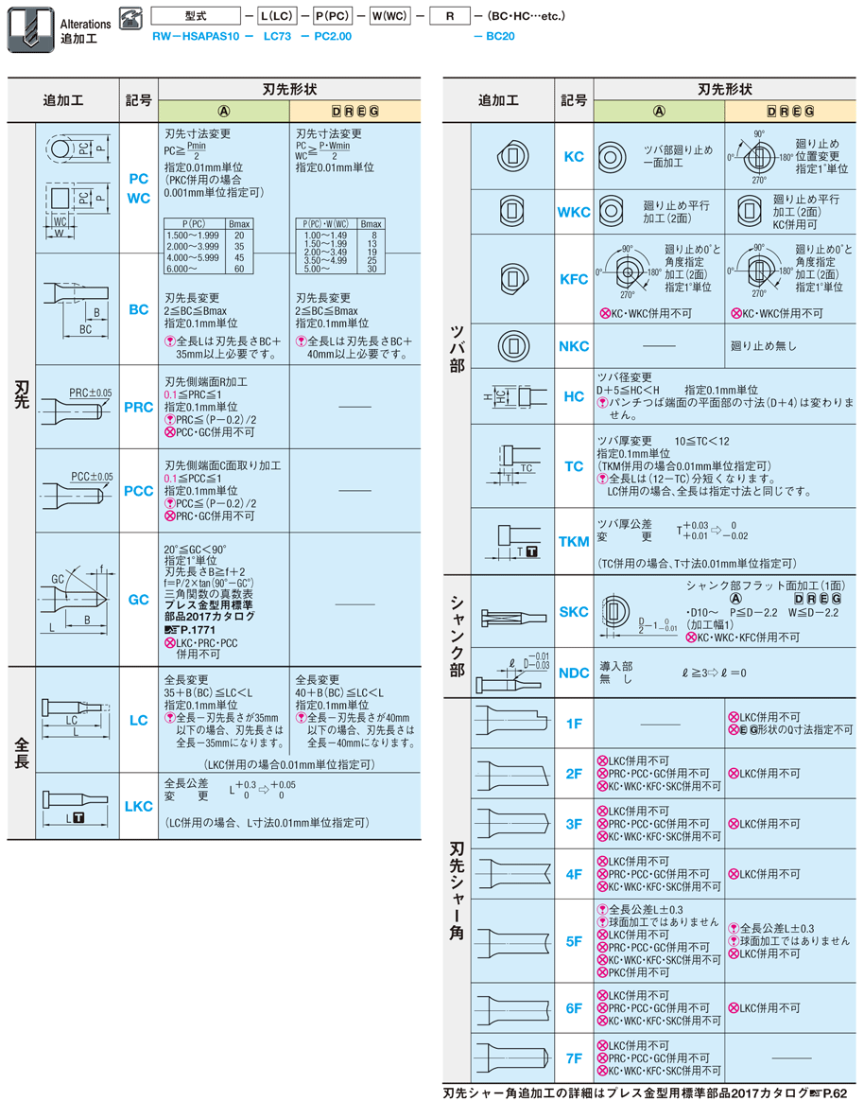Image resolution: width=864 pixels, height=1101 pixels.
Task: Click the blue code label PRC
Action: click(x=138, y=408)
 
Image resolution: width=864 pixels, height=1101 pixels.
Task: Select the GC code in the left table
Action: click(x=138, y=600)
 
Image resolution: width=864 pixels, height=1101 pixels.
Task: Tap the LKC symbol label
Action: click(x=138, y=806)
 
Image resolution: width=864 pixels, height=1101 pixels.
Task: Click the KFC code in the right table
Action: click(x=574, y=279)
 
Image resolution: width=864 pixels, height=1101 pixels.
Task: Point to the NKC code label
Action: click(x=574, y=347)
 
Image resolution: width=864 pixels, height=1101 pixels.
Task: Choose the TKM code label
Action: click(x=574, y=541)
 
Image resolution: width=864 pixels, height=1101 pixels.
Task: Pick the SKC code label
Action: click(x=574, y=612)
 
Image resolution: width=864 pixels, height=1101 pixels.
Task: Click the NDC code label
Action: click(x=574, y=673)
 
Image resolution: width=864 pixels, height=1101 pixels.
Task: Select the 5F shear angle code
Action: click(x=574, y=941)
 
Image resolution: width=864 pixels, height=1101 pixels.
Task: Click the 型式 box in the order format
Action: click(x=196, y=16)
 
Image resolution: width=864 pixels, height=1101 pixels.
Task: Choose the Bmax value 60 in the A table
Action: click(x=239, y=269)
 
